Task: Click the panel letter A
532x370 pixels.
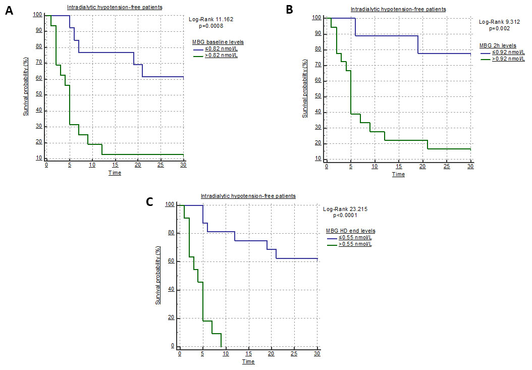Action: [x=9, y=11]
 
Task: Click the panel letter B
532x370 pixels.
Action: [x=290, y=10]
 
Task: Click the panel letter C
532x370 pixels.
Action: [x=150, y=202]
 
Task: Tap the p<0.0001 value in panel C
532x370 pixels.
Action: [x=346, y=215]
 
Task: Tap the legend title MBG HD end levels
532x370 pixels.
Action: [x=351, y=231]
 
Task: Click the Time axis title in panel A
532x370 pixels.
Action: [x=115, y=173]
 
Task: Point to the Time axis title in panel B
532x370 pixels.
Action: [x=398, y=174]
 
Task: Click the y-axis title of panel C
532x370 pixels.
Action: [x=158, y=276]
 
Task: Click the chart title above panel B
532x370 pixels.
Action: [x=398, y=9]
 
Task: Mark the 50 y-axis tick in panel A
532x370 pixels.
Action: [x=39, y=95]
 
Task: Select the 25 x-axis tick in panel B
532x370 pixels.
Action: [x=446, y=167]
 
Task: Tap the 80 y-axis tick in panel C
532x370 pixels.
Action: [x=172, y=233]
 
